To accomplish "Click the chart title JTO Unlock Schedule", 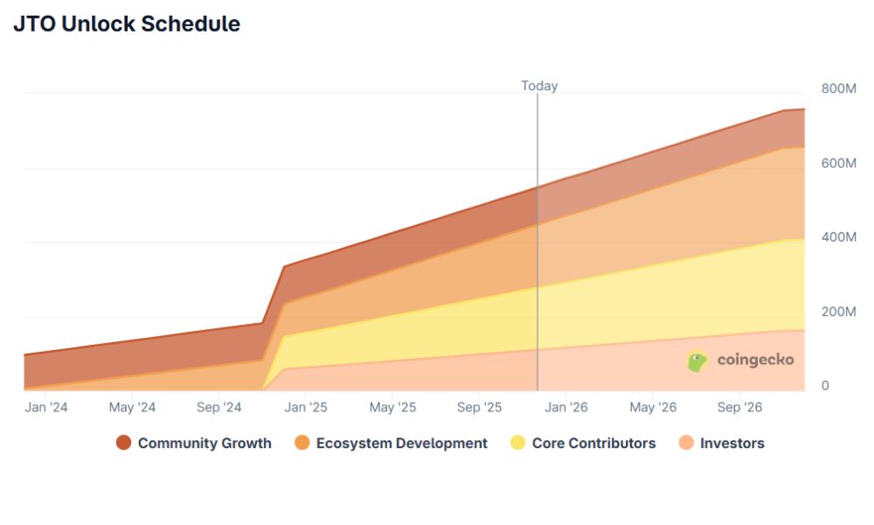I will tap(127, 24).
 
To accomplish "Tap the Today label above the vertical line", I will tap(539, 86).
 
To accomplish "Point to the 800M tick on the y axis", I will tap(838, 88).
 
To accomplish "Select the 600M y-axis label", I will tap(838, 163).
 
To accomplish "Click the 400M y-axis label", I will tap(838, 237).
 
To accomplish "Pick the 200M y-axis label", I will tap(838, 311).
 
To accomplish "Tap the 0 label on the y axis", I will tap(824, 386).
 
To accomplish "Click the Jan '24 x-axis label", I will tap(46, 407).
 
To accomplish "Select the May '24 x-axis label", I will tap(132, 407).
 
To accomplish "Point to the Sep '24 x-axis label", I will tap(219, 407).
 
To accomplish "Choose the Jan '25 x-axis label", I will tap(306, 407).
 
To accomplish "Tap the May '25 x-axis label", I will tap(392, 407).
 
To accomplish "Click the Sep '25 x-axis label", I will tap(480, 407).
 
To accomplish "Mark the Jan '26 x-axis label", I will tap(566, 407).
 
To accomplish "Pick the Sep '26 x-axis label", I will tap(740, 407).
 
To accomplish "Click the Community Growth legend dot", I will tap(123, 444).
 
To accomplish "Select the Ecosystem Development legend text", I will tap(401, 444).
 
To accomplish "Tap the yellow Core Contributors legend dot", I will tap(517, 444).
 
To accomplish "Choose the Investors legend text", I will tap(732, 444).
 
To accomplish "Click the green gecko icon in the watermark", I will tap(697, 360).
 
